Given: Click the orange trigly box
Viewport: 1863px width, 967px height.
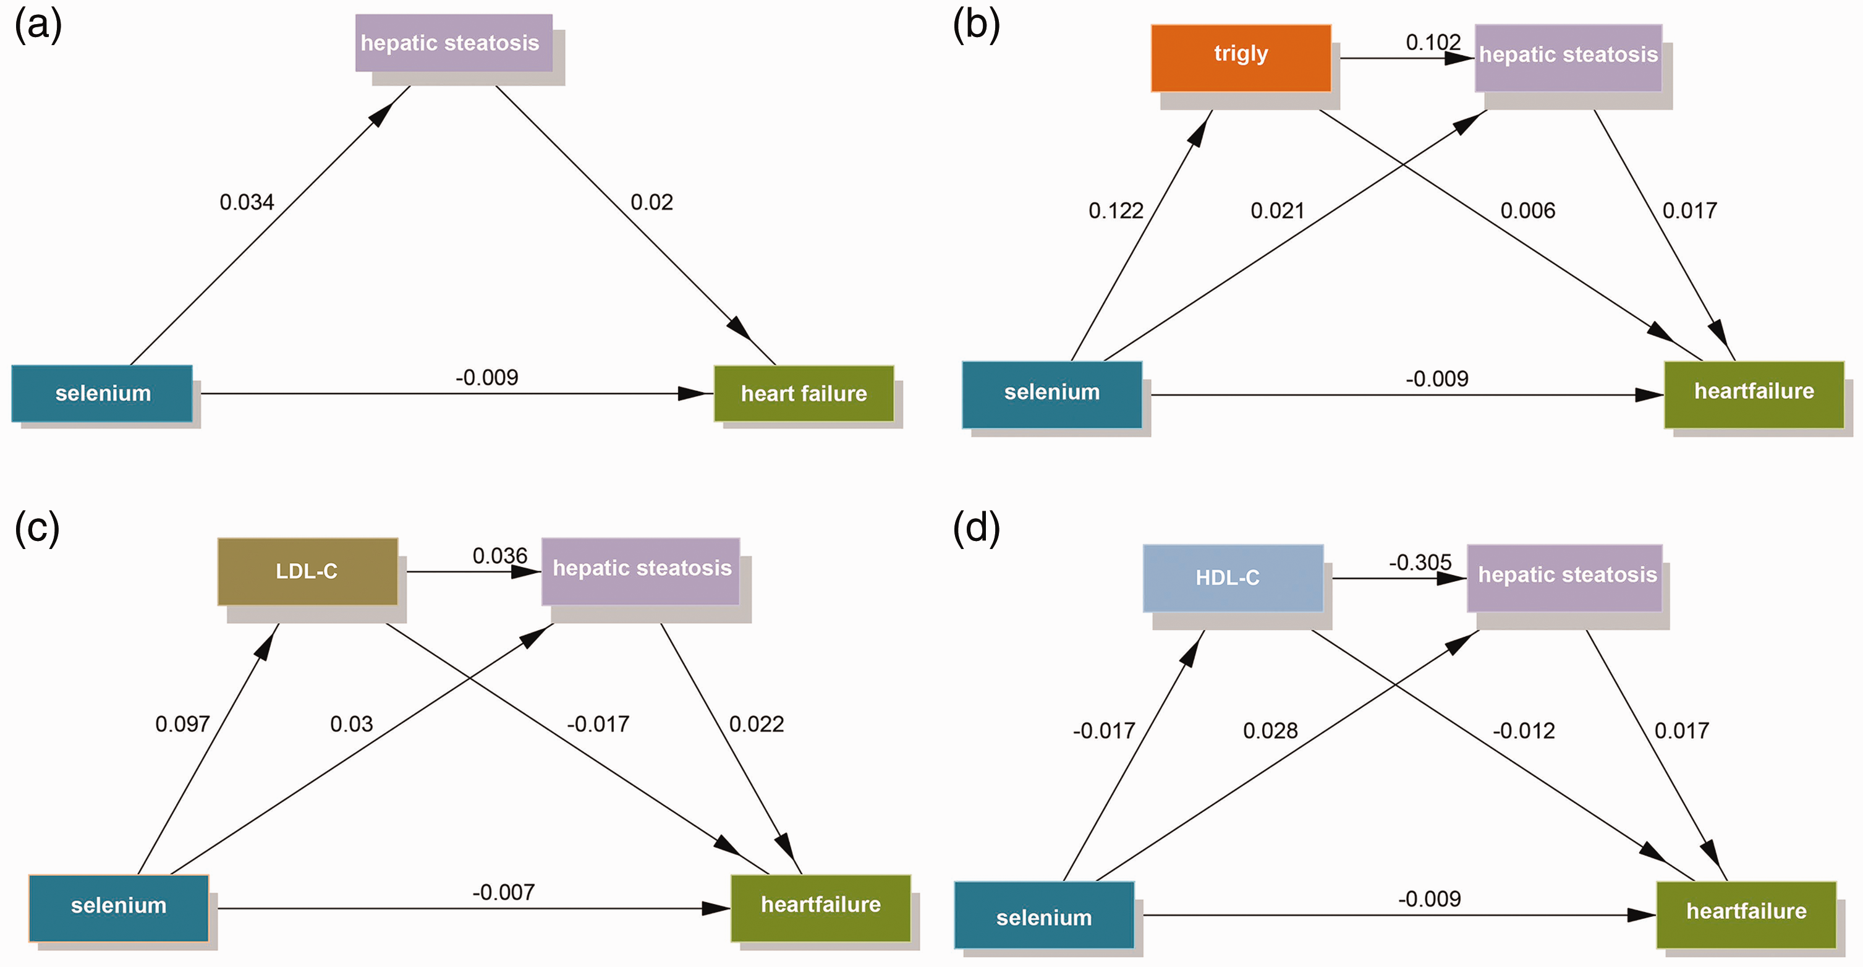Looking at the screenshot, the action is [x=1241, y=58].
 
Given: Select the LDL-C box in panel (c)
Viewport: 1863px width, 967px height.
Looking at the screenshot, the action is [x=307, y=571].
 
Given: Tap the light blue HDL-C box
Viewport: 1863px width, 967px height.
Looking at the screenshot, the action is [x=1233, y=578].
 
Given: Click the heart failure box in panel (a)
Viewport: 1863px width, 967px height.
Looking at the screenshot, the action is [x=804, y=393].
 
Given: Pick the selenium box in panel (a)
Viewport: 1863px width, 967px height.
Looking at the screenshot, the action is [x=102, y=393].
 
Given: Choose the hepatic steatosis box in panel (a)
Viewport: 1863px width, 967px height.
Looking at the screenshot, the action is [x=454, y=43].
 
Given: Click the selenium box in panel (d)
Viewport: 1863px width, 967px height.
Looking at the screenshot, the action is [x=1045, y=915].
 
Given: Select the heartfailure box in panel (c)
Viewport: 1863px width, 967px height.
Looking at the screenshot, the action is [x=821, y=908].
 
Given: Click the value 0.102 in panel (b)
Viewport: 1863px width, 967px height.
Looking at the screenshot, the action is [x=1433, y=42].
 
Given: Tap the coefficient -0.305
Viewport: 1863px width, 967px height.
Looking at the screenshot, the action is [x=1420, y=562].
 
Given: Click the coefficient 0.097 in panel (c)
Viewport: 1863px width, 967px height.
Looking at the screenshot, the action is [x=182, y=724].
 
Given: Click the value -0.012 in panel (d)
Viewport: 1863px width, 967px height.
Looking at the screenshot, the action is [x=1524, y=730].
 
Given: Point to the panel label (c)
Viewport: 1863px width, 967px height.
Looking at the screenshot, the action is [x=37, y=528].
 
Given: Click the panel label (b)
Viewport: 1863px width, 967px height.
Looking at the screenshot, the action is [x=977, y=25].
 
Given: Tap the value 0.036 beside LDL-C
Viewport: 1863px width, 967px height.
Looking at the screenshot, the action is [x=499, y=555].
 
